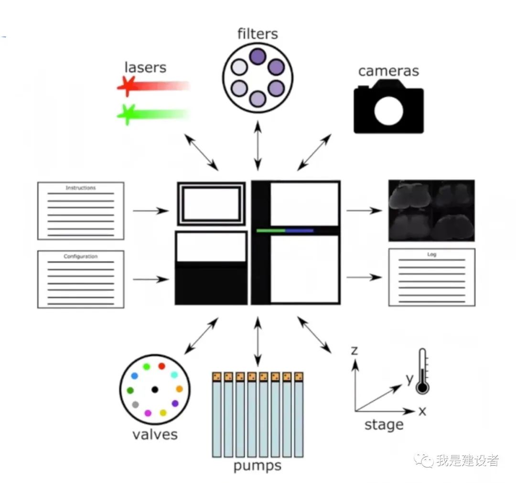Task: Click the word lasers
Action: [x=145, y=67]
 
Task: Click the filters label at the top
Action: [x=257, y=34]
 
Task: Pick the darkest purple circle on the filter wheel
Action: [x=258, y=57]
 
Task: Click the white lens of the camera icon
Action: [x=388, y=111]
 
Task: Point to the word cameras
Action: [x=388, y=71]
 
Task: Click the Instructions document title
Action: [x=80, y=188]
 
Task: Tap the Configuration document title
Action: [x=80, y=257]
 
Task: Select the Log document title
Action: [x=432, y=255]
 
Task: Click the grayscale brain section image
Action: [x=431, y=210]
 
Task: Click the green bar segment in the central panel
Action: [x=270, y=230]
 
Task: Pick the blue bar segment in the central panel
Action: [x=299, y=230]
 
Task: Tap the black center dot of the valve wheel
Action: [x=154, y=389]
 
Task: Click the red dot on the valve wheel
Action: [x=161, y=366]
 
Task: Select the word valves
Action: [x=155, y=434]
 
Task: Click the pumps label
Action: [x=257, y=465]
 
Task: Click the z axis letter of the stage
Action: [x=354, y=351]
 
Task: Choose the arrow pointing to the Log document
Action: [x=364, y=277]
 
